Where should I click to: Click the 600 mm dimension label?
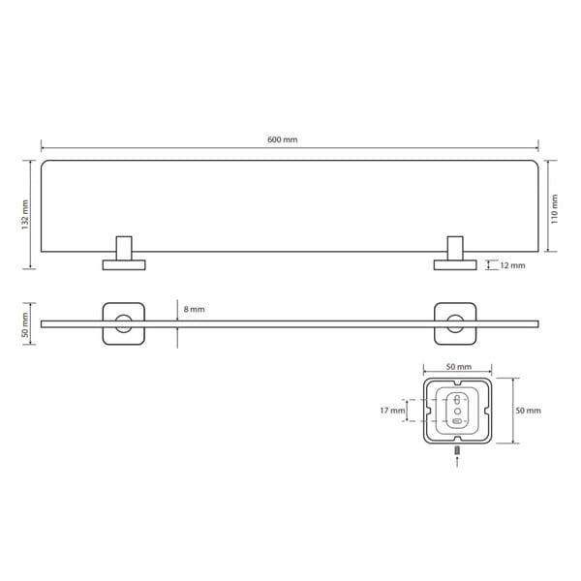283,139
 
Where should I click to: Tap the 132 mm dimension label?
25,215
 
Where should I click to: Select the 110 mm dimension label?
554,209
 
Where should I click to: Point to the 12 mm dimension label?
512,265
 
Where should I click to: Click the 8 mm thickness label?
195,309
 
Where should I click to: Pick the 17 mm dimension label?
392,411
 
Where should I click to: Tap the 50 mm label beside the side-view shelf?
25,324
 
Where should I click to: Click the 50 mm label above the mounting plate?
459,367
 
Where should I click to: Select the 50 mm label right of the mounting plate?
528,411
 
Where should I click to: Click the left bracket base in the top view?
124,265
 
